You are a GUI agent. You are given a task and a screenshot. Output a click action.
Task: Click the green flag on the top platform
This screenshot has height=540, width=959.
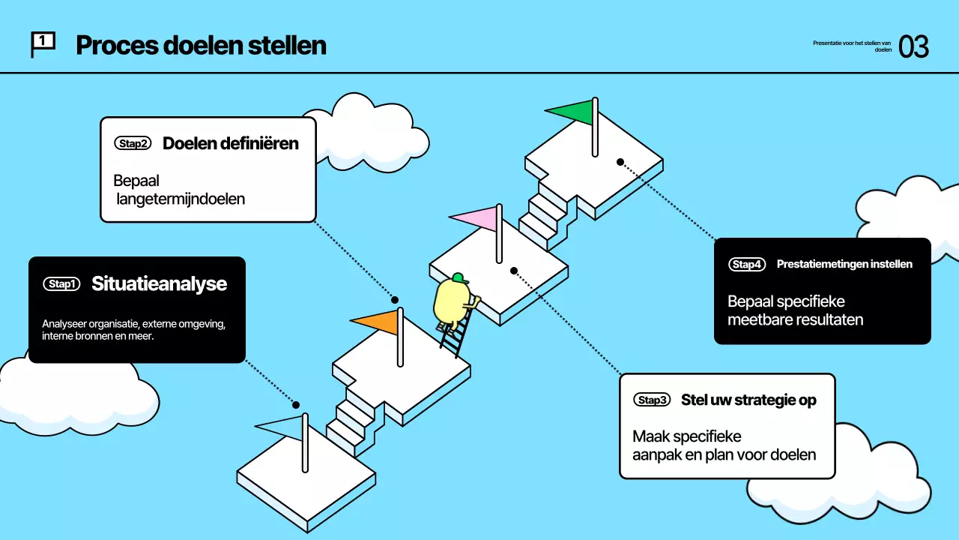[x=572, y=113]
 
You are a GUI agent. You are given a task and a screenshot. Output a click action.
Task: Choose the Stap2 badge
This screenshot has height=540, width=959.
[x=133, y=143]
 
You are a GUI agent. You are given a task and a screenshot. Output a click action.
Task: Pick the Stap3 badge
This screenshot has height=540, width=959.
[x=651, y=400]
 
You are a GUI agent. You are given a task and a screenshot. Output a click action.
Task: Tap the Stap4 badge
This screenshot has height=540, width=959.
[x=747, y=264]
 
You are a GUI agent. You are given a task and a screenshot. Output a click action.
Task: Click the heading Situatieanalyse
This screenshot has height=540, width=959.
[x=159, y=284]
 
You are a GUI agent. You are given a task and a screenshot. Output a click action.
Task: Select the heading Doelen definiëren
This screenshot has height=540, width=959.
[x=230, y=143]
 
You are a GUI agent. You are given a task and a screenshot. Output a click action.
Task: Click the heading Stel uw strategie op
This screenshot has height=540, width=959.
[x=748, y=400]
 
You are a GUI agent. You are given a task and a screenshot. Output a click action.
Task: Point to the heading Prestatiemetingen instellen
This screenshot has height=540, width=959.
[x=844, y=264]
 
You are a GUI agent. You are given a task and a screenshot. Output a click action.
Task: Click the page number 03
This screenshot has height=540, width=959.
[x=913, y=46]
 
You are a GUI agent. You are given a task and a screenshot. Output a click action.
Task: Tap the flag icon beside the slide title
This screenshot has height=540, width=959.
[x=42, y=44]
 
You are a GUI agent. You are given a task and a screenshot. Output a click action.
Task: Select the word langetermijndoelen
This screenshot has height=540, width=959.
[x=181, y=199]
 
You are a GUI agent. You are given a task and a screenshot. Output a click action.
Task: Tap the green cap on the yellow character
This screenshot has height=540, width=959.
[x=459, y=278]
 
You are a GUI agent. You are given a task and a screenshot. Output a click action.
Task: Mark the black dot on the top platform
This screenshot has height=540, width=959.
[x=620, y=162]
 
